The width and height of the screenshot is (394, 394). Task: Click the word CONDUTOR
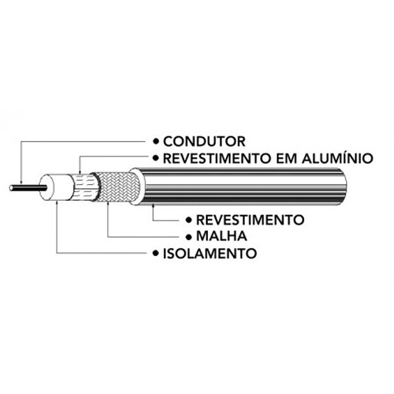[x=195, y=141]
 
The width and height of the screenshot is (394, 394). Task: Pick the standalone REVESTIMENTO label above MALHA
[x=250, y=220]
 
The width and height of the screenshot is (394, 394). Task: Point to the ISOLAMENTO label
[x=210, y=253]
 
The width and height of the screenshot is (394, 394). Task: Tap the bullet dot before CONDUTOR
[x=155, y=141]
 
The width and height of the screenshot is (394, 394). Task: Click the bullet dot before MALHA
[x=189, y=236]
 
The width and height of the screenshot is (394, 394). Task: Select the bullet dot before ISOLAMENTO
[x=155, y=253]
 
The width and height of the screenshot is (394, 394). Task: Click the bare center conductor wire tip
[x=13, y=188]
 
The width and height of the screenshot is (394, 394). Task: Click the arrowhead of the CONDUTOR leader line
[x=21, y=183]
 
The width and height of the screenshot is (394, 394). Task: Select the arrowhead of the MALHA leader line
[x=107, y=202]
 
